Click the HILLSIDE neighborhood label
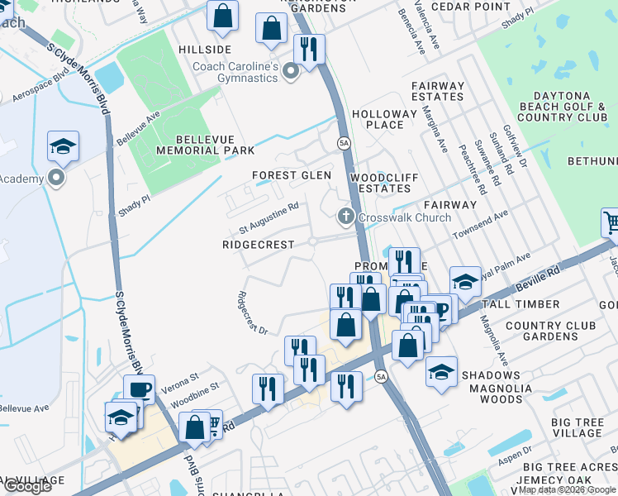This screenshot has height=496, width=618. [205, 50]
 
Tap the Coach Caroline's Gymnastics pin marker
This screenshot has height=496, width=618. [290, 73]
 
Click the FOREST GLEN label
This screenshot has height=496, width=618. [292, 175]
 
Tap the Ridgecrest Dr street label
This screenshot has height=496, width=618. [252, 313]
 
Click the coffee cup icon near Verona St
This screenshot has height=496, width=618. [139, 389]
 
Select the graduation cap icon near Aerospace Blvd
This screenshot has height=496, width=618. [63, 146]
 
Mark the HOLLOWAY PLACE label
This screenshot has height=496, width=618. [384, 119]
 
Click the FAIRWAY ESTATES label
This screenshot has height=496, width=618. [438, 91]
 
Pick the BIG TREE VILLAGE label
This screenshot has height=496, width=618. [577, 427]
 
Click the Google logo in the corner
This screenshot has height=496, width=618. [27, 486]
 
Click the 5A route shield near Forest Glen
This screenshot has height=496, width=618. [344, 143]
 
